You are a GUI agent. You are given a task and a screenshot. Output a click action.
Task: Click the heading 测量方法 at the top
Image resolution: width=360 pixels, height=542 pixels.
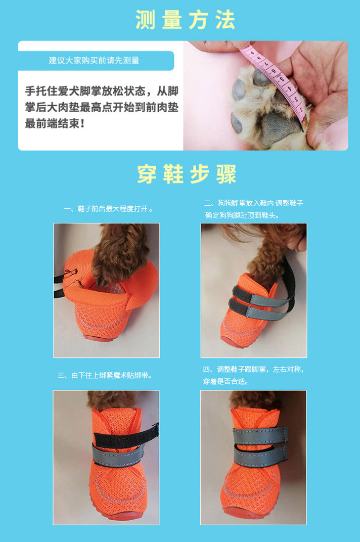coord(186,20)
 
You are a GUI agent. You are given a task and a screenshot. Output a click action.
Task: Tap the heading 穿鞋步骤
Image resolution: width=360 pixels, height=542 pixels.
coord(187,174)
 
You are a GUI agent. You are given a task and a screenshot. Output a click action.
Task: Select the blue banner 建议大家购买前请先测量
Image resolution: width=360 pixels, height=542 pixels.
coord(96,61)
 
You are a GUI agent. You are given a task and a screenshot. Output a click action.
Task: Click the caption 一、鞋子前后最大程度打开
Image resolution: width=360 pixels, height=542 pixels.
coord(108,209)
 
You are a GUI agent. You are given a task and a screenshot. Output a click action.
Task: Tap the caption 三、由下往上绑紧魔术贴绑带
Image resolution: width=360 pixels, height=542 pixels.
coord(105,375)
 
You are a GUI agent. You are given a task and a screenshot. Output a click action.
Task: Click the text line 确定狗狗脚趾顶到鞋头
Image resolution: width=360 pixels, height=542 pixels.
coord(242,215)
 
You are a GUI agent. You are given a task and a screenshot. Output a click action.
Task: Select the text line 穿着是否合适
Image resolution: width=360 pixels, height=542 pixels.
coord(226,382)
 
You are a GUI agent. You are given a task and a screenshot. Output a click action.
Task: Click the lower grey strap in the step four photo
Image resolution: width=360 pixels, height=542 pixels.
coord(260,455)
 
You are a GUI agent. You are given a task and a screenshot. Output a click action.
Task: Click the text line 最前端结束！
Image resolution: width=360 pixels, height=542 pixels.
coord(54,123)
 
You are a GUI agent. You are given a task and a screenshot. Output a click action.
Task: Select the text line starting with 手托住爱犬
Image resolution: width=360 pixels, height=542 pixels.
coord(102,91)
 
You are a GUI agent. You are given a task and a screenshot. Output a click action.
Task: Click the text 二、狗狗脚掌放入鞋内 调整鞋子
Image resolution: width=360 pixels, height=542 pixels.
coord(254,203)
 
